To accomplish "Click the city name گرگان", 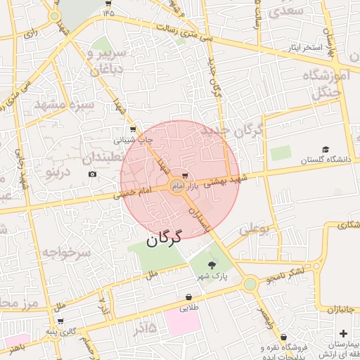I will point(164,238).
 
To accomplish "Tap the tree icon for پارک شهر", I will point(212,264).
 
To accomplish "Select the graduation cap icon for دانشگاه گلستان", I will point(326,149).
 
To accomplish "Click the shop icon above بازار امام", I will point(185,174).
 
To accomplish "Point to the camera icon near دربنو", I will point(92,174).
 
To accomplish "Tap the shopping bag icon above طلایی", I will point(188,297).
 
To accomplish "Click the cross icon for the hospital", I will point(343,333).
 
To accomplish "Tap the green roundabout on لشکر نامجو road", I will point(250,283).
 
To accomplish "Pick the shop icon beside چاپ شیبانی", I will point(133,129).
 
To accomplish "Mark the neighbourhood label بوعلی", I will point(254,229).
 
